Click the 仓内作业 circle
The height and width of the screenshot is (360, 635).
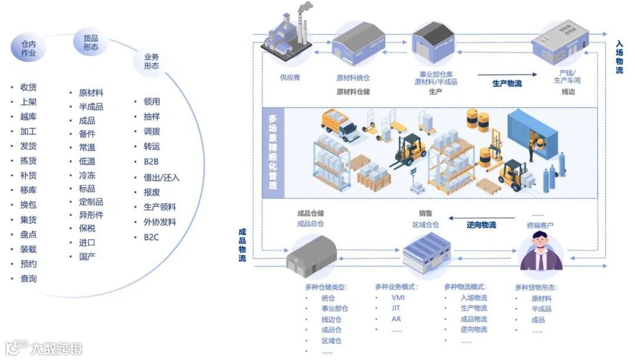click(28, 48)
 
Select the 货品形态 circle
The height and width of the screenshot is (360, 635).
click(91, 43)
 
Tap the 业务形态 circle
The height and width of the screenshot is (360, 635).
click(151, 61)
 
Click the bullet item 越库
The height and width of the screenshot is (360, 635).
click(28, 116)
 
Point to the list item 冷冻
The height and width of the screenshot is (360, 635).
click(87, 175)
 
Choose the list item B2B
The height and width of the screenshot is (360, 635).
click(151, 161)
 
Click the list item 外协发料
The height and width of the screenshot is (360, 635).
click(159, 222)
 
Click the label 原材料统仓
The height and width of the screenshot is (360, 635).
click(353, 78)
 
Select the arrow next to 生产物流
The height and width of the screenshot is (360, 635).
click(507, 75)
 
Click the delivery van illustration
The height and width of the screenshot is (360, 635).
click(340, 124)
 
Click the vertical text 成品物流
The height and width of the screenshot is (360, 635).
click(242, 245)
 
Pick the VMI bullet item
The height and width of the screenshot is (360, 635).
click(397, 298)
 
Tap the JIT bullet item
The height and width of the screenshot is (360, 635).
click(396, 308)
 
